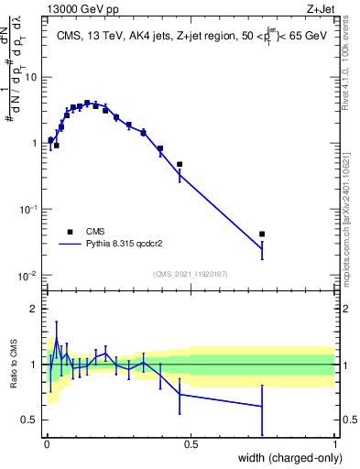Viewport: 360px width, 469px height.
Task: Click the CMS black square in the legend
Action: pyautogui.click(x=70, y=232)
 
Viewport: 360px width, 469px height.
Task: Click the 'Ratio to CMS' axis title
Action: pyautogui.click(x=14, y=365)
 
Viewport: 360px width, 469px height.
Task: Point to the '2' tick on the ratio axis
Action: pyautogui.click(x=35, y=309)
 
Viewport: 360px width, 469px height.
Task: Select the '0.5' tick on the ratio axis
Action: pyautogui.click(x=31, y=420)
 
